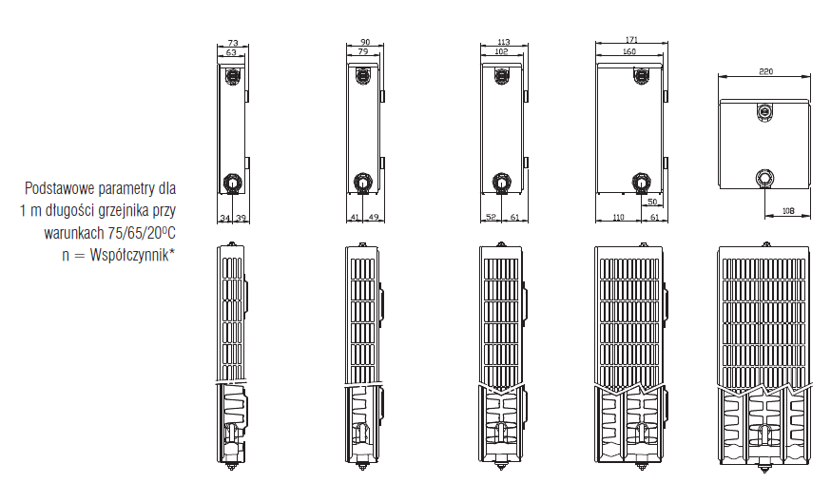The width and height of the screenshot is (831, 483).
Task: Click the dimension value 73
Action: tap(233, 43)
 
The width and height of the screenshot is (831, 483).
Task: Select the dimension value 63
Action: tap(231, 52)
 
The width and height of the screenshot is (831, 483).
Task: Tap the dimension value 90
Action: tap(365, 42)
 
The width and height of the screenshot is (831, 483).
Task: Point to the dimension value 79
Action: tap(363, 51)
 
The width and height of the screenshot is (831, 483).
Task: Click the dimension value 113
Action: tap(504, 42)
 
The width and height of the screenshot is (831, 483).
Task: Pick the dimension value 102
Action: tap(501, 51)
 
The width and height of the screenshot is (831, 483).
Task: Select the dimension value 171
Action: tap(631, 40)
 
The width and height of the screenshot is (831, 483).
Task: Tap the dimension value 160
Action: tap(629, 51)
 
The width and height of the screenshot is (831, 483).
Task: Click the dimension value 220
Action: tap(765, 71)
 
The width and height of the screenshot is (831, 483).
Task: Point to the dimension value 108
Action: tap(788, 211)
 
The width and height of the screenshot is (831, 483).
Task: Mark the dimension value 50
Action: tap(652, 202)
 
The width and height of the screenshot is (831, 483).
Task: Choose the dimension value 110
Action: tap(618, 217)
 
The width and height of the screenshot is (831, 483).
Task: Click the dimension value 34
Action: tap(225, 218)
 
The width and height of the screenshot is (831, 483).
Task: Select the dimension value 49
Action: tap(374, 217)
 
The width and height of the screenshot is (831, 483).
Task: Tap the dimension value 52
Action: tap(491, 217)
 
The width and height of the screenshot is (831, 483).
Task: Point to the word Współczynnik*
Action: tap(132, 255)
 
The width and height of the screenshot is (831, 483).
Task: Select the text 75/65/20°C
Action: tap(142, 233)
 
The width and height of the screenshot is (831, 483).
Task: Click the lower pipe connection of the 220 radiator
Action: tap(764, 178)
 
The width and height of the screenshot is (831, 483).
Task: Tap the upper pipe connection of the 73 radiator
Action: tap(232, 76)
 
